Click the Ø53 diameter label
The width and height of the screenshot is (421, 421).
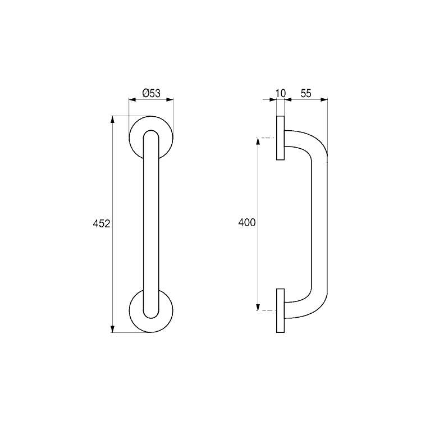pyautogui.click(x=151, y=93)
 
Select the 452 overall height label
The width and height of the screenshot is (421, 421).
pyautogui.click(x=102, y=223)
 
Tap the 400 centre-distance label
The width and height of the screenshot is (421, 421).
pyautogui.click(x=247, y=223)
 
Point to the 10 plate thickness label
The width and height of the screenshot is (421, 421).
pyautogui.click(x=281, y=93)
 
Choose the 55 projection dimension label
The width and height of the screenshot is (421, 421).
pyautogui.click(x=306, y=93)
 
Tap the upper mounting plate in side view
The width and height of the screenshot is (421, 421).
pyautogui.click(x=280, y=138)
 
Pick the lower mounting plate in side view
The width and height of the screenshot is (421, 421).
pyautogui.click(x=280, y=310)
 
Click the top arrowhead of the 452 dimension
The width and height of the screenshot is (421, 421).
pyautogui.click(x=112, y=120)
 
